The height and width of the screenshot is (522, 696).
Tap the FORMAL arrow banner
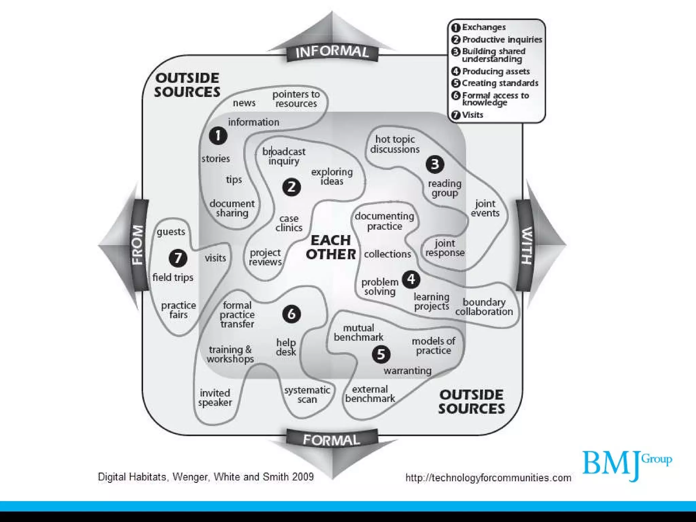pyautogui.click(x=332, y=440)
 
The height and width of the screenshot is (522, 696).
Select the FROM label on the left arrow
pyautogui.click(x=138, y=245)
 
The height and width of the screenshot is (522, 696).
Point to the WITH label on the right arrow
pyautogui.click(x=526, y=245)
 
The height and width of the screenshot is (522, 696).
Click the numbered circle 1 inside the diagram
pyautogui.click(x=218, y=136)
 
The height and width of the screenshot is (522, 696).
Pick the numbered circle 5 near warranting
pyautogui.click(x=381, y=354)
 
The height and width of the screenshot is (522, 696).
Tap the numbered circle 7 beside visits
pyautogui.click(x=178, y=258)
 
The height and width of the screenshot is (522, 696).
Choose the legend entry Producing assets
pyautogui.click(x=495, y=71)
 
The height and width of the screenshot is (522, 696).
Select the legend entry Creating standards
pyautogui.click(x=500, y=83)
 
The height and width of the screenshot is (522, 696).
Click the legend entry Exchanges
pyautogui.click(x=483, y=27)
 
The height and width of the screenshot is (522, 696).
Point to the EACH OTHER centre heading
pyautogui.click(x=331, y=247)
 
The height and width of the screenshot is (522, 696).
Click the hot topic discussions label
pyautogui.click(x=395, y=144)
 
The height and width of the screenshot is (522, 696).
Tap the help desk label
pyautogui.click(x=286, y=347)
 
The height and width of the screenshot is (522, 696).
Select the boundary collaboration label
pyautogui.click(x=484, y=307)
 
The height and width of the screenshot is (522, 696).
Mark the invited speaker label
pyautogui.click(x=215, y=398)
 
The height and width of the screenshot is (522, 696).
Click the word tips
pyautogui.click(x=234, y=179)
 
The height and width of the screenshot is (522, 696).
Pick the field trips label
pyautogui.click(x=173, y=277)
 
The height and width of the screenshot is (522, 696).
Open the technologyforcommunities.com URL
pyautogui.click(x=488, y=478)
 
